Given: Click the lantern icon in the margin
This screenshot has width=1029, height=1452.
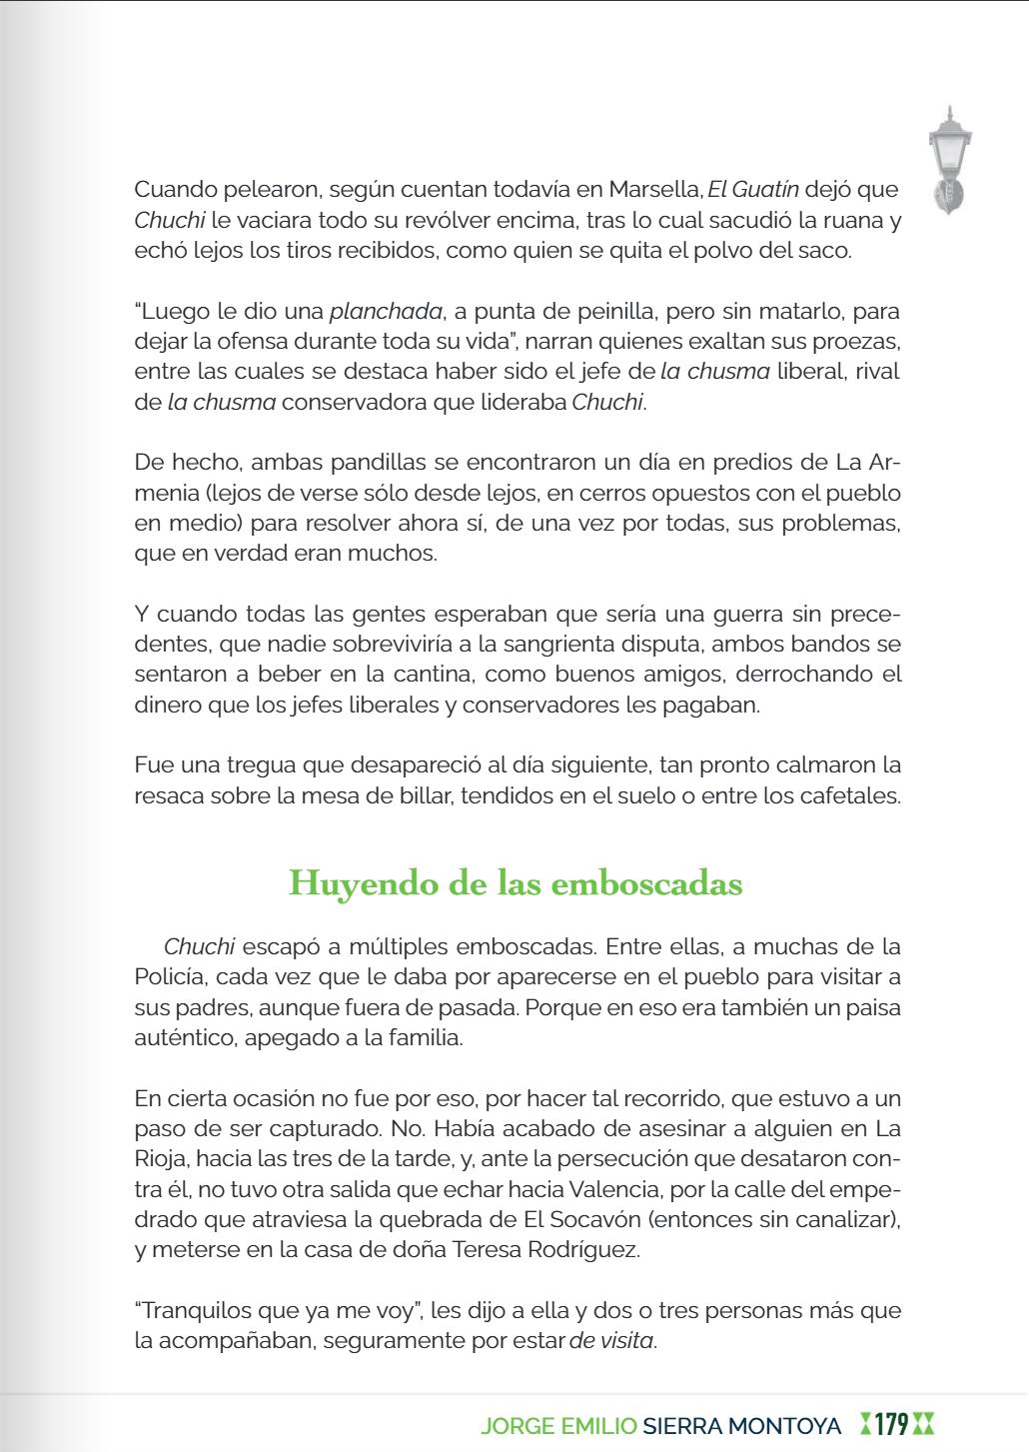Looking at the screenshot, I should click(x=949, y=160).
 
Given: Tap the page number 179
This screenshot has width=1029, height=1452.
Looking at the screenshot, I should click(x=891, y=1425).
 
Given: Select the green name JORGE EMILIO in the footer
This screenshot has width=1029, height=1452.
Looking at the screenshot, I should click(x=557, y=1426).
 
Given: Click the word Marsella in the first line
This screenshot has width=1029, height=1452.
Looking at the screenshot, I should click(x=654, y=190).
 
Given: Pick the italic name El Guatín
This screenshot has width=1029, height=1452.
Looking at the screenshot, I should click(x=753, y=190).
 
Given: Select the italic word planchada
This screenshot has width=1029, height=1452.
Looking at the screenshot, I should click(x=386, y=312).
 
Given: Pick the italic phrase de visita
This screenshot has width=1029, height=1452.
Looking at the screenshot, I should click(x=611, y=1341).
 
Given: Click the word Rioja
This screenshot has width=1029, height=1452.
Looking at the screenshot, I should click(x=160, y=1159).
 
